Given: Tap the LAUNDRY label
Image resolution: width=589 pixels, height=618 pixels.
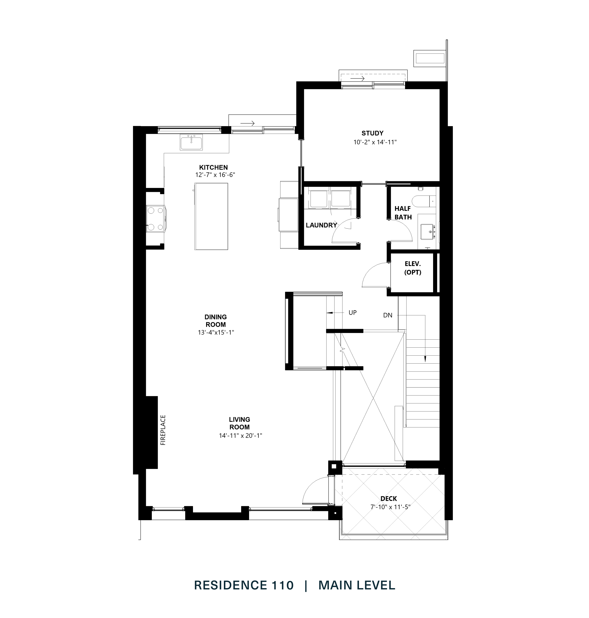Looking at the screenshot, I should (321, 225).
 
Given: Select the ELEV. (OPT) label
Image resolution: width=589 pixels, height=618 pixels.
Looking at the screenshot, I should (412, 268).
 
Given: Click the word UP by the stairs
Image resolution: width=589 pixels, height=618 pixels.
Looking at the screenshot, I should (352, 313).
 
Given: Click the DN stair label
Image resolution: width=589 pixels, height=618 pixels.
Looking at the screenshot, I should (388, 315).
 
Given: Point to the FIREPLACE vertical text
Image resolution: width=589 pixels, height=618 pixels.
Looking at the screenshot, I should (163, 430).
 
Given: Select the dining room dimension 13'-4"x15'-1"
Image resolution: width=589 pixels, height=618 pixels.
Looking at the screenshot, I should (216, 332).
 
